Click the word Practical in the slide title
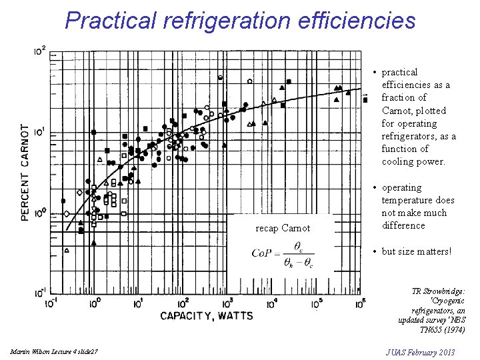pyautogui.click(x=109, y=21)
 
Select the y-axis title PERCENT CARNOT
pyautogui.click(x=25, y=172)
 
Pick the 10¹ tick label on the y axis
pyautogui.click(x=40, y=132)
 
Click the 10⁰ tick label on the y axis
pyautogui.click(x=40, y=213)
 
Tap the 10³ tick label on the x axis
pyautogui.click(x=227, y=303)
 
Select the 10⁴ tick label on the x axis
pyautogui.click(x=272, y=303)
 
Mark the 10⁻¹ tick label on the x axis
pyautogui.click(x=49, y=303)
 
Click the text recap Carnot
pyautogui.click(x=283, y=229)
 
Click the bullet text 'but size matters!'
pyautogui.click(x=416, y=251)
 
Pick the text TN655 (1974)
pyautogui.click(x=441, y=329)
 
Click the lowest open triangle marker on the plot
pyautogui.click(x=67, y=250)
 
